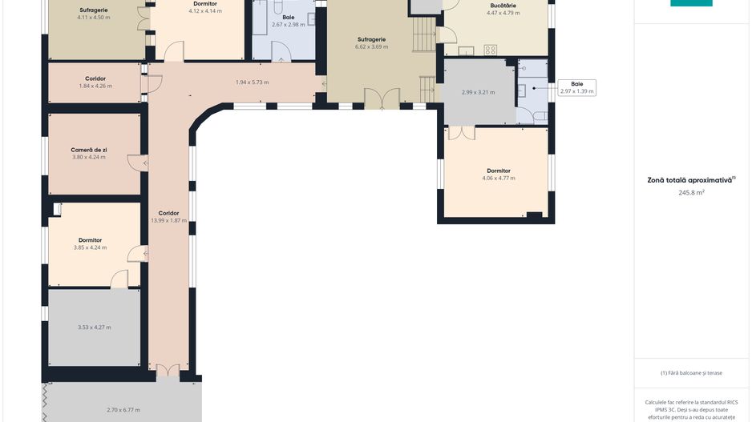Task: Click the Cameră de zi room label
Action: coord(89,150)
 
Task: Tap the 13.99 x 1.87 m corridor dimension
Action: coord(169,220)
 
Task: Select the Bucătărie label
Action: coord(503,6)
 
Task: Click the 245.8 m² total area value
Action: coord(691,192)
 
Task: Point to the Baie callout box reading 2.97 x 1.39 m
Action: coord(577,87)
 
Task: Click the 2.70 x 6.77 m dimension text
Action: coord(123,410)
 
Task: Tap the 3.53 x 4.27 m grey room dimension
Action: coord(95,328)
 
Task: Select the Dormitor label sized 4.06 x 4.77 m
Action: coord(499,171)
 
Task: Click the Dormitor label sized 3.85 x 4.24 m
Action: coord(90,240)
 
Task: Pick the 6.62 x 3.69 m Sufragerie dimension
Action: coord(372,47)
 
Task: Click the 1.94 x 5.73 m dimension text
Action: coord(253,82)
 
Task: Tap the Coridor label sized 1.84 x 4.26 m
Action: coord(95,78)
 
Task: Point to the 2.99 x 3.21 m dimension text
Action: coord(478,92)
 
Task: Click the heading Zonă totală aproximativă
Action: coord(689,180)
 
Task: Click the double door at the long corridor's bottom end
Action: coord(168,370)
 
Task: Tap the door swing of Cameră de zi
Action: coord(138,163)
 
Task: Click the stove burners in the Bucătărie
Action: coord(490,50)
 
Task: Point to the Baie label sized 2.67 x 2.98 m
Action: coord(289,18)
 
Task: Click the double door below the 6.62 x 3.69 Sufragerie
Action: coord(382,98)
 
